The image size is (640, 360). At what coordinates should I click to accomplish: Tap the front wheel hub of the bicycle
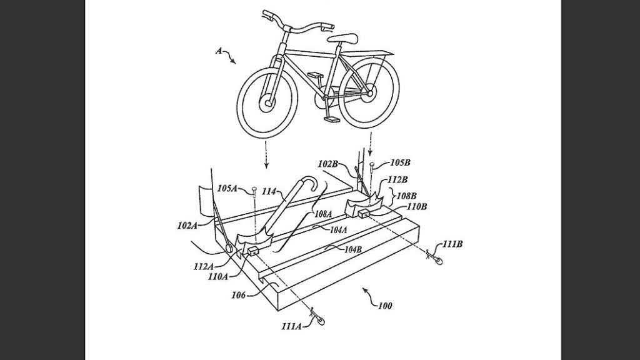267,103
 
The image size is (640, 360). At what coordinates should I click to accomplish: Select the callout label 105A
227,188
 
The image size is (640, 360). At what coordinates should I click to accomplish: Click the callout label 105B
400,162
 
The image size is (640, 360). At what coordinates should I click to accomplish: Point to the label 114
269,191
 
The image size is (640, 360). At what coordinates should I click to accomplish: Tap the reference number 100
385,305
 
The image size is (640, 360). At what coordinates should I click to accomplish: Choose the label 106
239,295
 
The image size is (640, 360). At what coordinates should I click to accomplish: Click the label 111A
291,326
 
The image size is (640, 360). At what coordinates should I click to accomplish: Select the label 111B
452,244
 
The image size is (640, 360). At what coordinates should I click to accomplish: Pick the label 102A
187,225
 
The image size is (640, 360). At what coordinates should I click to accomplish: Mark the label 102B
328,164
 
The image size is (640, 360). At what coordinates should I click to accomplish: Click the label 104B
352,249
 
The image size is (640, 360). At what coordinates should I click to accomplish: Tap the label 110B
417,207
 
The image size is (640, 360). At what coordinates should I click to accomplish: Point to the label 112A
203,267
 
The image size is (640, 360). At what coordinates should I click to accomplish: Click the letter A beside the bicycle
219,51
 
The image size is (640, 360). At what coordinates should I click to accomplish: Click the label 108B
406,196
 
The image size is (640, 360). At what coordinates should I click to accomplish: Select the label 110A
218,276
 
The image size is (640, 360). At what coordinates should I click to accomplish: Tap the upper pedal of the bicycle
315,75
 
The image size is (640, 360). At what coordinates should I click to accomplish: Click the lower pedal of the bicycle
331,119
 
